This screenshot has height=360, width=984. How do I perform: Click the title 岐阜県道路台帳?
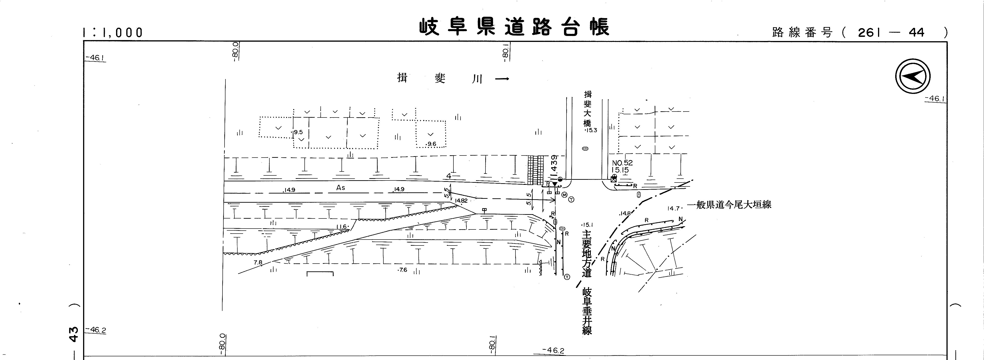pyautogui.click(x=514, y=27)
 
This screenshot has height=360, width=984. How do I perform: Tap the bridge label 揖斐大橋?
pyautogui.click(x=588, y=109)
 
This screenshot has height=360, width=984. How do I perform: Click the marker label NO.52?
pyautogui.click(x=622, y=163)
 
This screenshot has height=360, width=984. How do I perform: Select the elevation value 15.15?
pyautogui.click(x=620, y=170)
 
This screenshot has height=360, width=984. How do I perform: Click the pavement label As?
pyautogui.click(x=340, y=188)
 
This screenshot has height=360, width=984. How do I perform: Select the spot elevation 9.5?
pyautogui.click(x=298, y=132)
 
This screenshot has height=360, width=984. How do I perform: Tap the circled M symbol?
pyautogui.click(x=564, y=195)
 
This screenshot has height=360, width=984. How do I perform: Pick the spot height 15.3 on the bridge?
pyautogui.click(x=591, y=130)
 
